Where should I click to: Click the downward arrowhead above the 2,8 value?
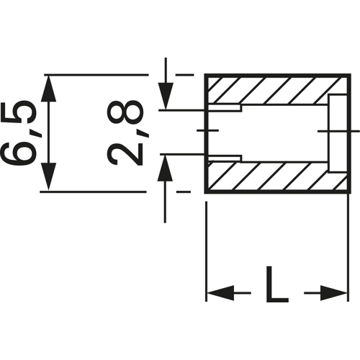tap(166, 98)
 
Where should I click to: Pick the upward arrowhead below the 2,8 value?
tap(166, 167)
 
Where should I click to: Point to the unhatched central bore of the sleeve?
tap(281, 132)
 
